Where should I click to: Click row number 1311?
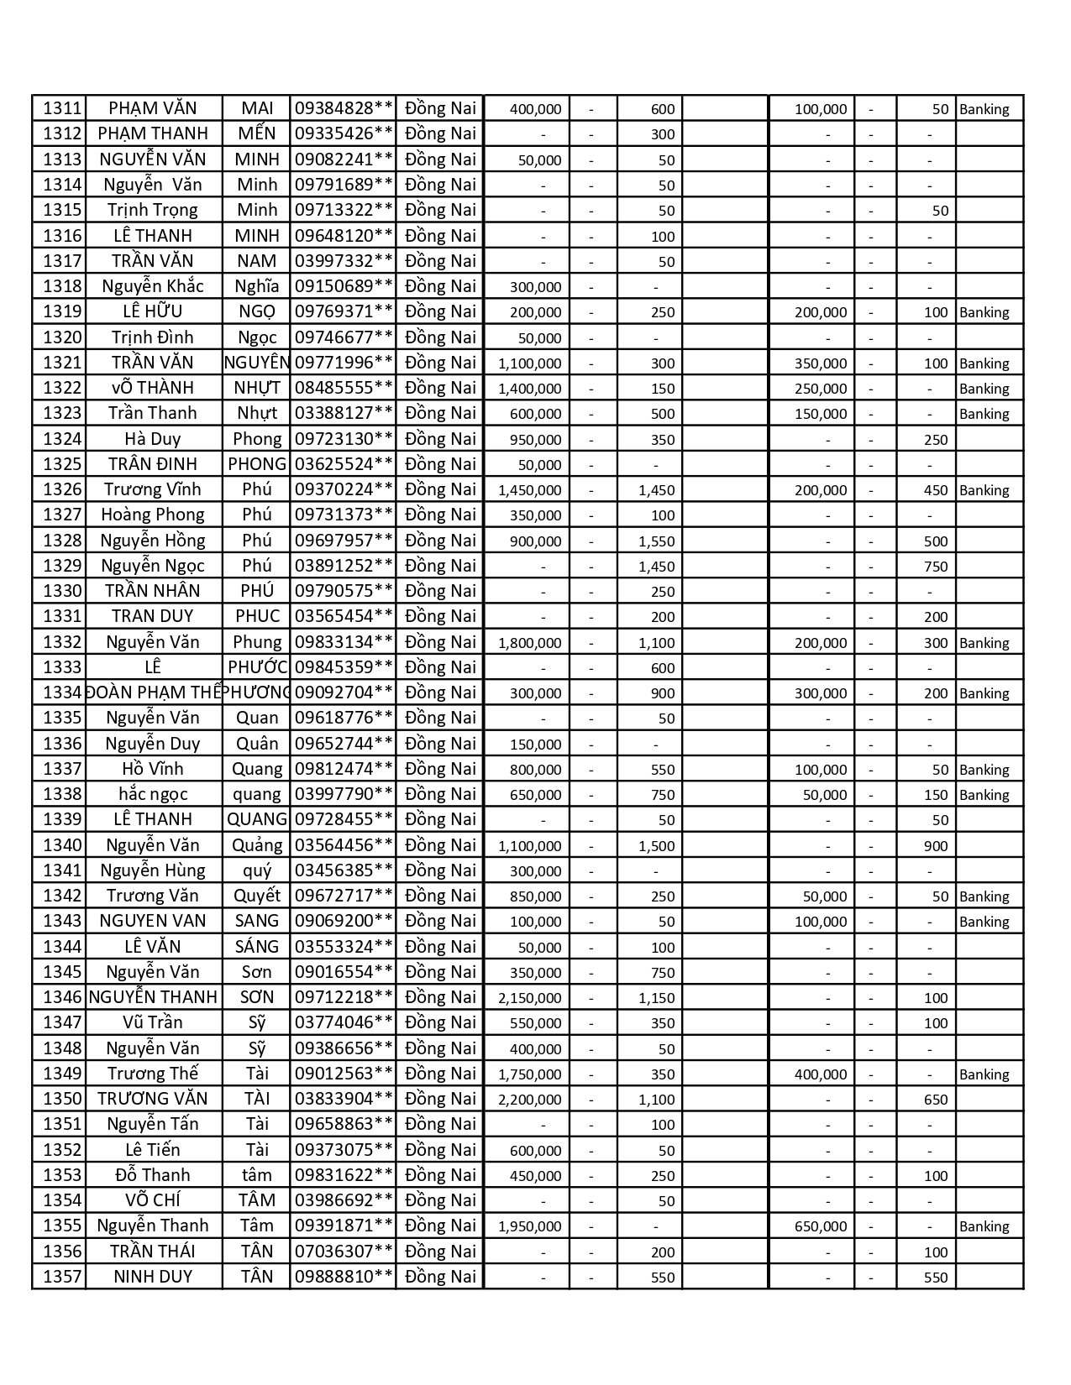pos(62,108)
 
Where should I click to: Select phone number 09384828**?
pos(344,108)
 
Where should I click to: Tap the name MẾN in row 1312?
pos(257,133)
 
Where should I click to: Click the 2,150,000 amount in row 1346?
pos(529,998)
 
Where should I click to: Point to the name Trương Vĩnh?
pos(153,489)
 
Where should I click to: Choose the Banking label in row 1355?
pos(984,1226)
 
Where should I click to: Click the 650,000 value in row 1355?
pos(821,1226)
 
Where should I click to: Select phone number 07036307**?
pos(344,1252)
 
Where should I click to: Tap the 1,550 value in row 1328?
pos(656,541)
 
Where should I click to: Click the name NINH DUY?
pos(153,1277)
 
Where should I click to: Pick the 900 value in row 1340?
pos(935,846)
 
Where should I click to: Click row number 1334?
pos(62,692)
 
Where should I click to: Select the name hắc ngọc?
pos(153,794)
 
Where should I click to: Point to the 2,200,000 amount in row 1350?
pos(529,1100)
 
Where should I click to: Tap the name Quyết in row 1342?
pos(257,896)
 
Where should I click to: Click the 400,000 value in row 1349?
pos(821,1074)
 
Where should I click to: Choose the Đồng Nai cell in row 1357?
pos(440,1277)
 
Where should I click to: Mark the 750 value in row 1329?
pos(935,567)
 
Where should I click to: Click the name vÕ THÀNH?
pos(153,388)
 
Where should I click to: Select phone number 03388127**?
pos(344,413)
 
